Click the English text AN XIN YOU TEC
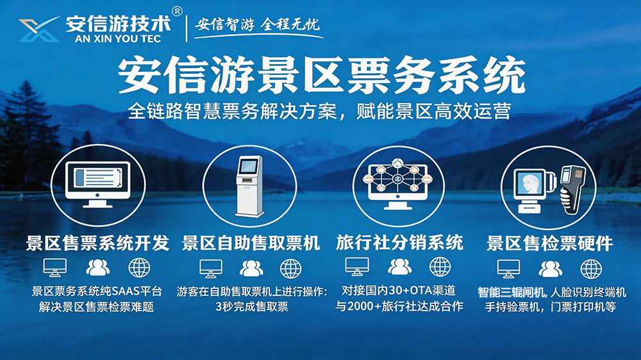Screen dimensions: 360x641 coord(118,37)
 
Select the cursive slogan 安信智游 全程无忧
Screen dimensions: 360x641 coord(257,25)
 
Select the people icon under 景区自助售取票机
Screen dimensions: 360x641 coord(251,268)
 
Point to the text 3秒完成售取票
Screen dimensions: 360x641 coord(252,307)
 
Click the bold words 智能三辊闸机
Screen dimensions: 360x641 coord(511,291)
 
